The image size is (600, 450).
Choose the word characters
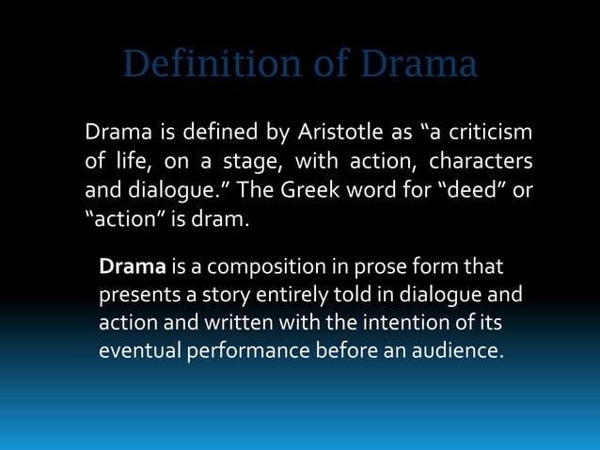(481, 162)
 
